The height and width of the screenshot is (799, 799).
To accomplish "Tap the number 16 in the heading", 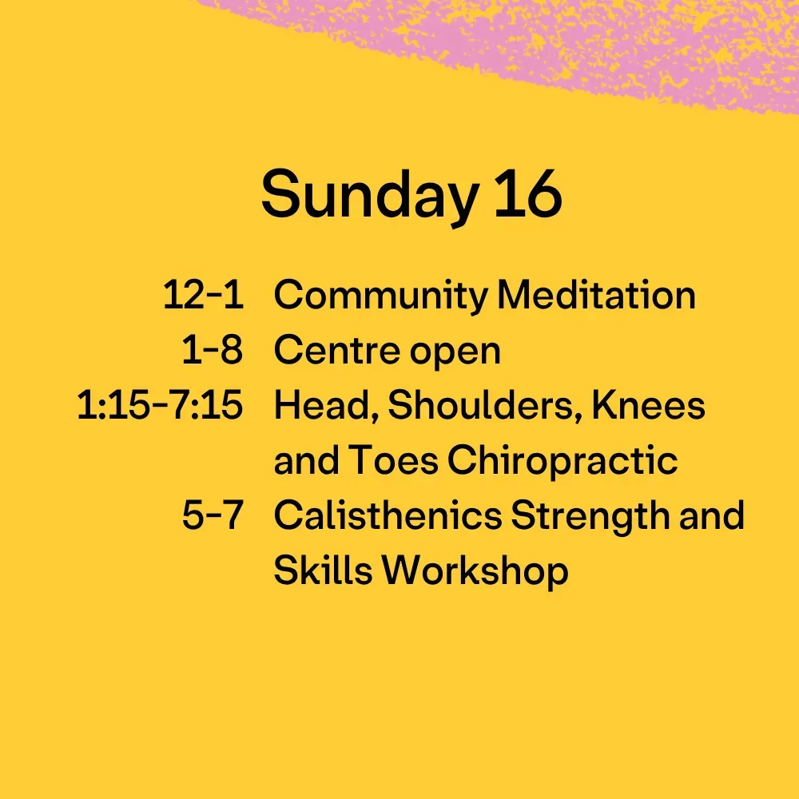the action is click(528, 194).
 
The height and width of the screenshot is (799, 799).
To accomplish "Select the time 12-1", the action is click(203, 295).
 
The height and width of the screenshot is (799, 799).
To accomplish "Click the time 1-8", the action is click(213, 350).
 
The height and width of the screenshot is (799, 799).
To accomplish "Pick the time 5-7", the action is click(213, 515).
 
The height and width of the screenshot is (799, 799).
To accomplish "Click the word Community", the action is click(381, 296).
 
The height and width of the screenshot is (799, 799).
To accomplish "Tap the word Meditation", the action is click(597, 295).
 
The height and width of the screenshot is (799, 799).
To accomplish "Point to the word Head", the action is click(327, 406).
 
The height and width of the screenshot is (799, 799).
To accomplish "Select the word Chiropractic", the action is click(562, 463).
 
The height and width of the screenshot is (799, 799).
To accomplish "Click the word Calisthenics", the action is click(388, 515).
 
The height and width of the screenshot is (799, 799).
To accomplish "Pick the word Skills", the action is click(323, 570).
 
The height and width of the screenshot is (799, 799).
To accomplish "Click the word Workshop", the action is click(475, 572).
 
